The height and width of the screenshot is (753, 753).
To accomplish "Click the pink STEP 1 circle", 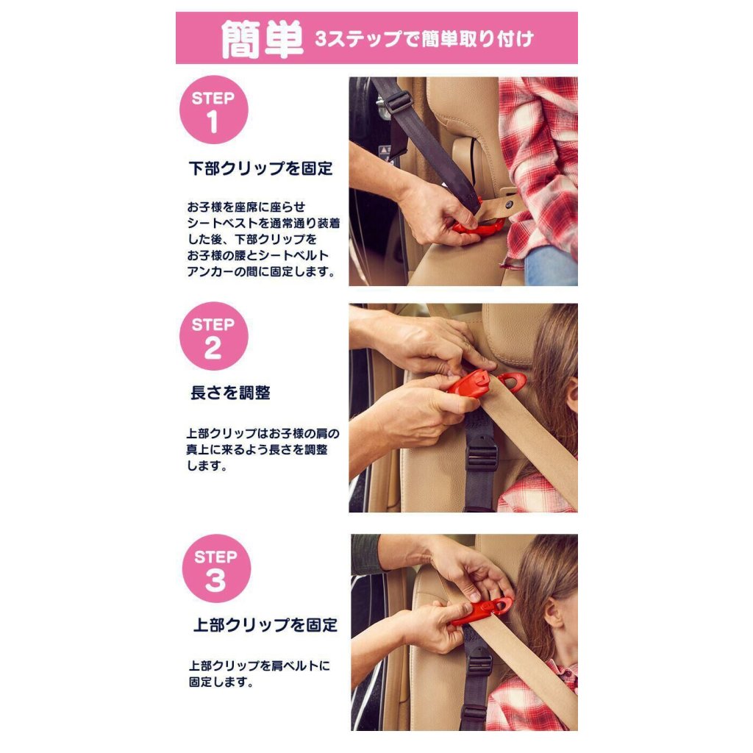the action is coord(214,110).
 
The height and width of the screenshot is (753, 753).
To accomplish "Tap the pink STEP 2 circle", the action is coord(214,336).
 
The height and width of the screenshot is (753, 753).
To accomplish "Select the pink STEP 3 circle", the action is coord(217,568).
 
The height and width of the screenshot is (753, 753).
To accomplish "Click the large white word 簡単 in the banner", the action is coord(263,39).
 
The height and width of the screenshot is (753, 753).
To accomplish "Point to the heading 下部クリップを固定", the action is coord(261,168).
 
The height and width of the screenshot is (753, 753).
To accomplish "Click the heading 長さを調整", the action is coord(230,393).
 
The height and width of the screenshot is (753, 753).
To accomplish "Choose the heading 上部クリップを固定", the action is coord(265,625).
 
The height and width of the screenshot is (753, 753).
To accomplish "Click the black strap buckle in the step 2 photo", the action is coord(480,454).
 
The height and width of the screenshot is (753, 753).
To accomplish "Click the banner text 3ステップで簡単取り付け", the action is coord(424,39).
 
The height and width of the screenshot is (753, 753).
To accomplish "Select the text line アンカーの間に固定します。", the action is coord(262,271).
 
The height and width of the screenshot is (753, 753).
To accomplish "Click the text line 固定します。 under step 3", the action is coord(221,682).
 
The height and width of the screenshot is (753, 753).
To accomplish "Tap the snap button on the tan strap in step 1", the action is coord(509,204).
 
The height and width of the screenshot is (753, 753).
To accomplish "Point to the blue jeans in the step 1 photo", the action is coord(552,266).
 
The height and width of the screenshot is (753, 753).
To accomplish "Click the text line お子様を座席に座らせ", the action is coord(246,207).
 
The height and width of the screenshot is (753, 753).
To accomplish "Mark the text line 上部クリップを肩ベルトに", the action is coord(260,665).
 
